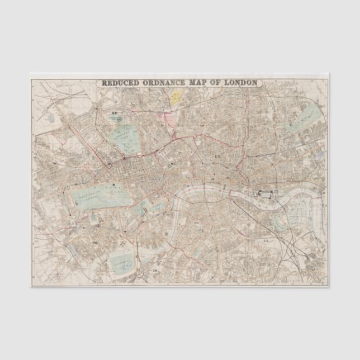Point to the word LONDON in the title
[241, 83]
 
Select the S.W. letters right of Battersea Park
[155, 271]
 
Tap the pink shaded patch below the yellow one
[166, 117]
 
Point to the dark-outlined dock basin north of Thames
[266, 194]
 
